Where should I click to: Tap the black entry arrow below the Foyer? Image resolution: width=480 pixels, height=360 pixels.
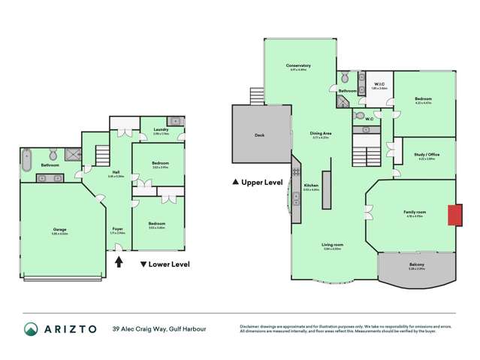coord(118,262)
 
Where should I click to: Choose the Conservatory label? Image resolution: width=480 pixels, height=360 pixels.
coord(298,66)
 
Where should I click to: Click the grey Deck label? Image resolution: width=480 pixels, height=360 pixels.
coord(260,135)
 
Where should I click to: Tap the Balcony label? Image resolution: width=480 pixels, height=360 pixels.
coord(416,264)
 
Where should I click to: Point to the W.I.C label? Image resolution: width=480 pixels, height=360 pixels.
coord(378,85)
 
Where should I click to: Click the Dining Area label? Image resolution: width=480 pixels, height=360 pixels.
coord(321,133)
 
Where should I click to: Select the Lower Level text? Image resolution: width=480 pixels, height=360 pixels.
coord(169,264)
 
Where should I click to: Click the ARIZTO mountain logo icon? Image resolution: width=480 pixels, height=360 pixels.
coord(32,329)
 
